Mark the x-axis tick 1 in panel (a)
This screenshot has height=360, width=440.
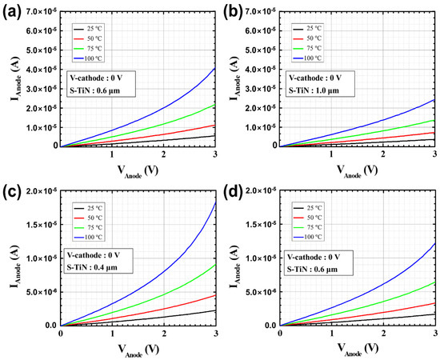(x=112, y=154)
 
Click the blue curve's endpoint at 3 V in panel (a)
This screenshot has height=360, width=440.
(x=214, y=67)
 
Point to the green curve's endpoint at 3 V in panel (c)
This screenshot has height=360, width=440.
(x=214, y=265)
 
